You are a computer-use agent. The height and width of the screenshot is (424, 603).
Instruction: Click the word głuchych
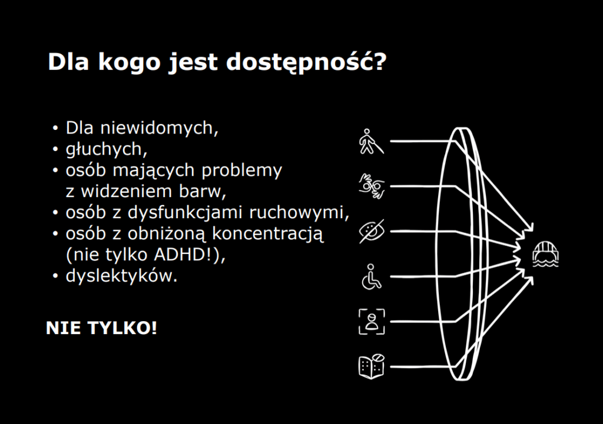103,149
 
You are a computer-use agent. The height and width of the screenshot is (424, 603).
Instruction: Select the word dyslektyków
120,276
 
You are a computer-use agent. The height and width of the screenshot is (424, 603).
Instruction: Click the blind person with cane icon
371,141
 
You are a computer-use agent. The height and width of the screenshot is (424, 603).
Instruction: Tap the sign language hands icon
371,186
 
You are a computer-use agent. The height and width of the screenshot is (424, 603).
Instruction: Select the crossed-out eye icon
371,231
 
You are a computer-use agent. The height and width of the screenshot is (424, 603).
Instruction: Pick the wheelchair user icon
371,276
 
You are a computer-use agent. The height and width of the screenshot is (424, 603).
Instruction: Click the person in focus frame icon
371,321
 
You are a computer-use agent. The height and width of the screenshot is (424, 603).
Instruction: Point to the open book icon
371,366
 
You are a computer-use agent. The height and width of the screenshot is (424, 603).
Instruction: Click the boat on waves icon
545,254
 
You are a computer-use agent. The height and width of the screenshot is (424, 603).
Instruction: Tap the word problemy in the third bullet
247,171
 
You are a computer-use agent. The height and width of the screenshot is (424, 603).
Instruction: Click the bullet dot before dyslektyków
56,276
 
